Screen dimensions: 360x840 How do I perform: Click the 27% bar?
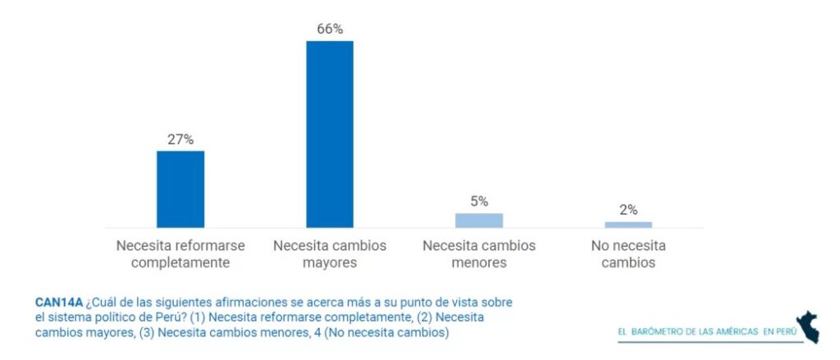click(x=180, y=189)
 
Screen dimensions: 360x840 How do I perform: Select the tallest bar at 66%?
click(x=330, y=134)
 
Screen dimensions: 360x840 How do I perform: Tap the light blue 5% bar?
click(x=479, y=220)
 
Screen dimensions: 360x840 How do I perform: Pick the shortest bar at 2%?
click(x=628, y=224)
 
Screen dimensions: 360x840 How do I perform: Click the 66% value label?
click(x=330, y=29)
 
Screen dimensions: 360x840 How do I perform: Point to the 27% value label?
click(x=180, y=139)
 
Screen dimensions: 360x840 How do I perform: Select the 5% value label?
click(x=479, y=201)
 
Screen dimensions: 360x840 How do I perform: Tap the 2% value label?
click(x=628, y=210)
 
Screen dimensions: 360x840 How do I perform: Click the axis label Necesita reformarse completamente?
click(x=180, y=254)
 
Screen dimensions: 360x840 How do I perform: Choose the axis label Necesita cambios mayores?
click(x=330, y=254)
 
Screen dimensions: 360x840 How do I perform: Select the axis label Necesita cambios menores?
click(x=479, y=254)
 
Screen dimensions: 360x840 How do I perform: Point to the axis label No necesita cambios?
click(x=628, y=254)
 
